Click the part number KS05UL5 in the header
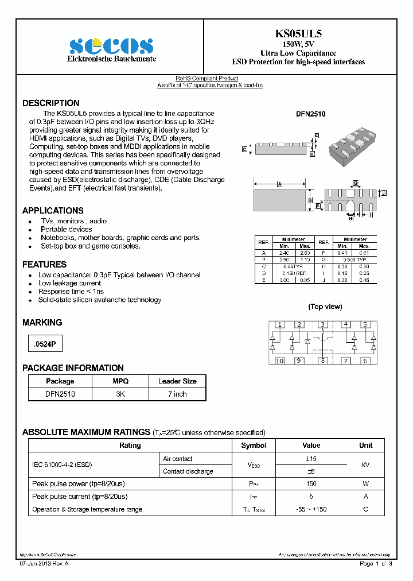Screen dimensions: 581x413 coord(298,34)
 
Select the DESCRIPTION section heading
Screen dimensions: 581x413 coord(51,103)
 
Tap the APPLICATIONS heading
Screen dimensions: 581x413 coord(53,211)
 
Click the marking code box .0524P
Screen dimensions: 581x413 coord(44,344)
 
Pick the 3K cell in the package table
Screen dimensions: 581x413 coord(120,394)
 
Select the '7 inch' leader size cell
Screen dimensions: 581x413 coord(177,394)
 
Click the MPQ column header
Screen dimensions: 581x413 coord(120,381)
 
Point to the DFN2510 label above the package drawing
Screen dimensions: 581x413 coord(310,114)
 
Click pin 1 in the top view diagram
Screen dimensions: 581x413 coord(279,325)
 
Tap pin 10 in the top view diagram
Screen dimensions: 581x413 coord(279,361)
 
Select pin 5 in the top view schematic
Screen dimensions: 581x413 coord(365,325)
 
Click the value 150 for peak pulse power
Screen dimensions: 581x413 coord(311,484)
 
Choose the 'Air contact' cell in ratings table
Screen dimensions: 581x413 coord(178,459)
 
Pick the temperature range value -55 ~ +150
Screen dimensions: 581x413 coord(311,509)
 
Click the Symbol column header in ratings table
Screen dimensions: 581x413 coord(253,446)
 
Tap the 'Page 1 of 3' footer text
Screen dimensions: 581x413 coord(376,564)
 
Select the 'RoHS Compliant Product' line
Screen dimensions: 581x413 coord(206,78)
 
